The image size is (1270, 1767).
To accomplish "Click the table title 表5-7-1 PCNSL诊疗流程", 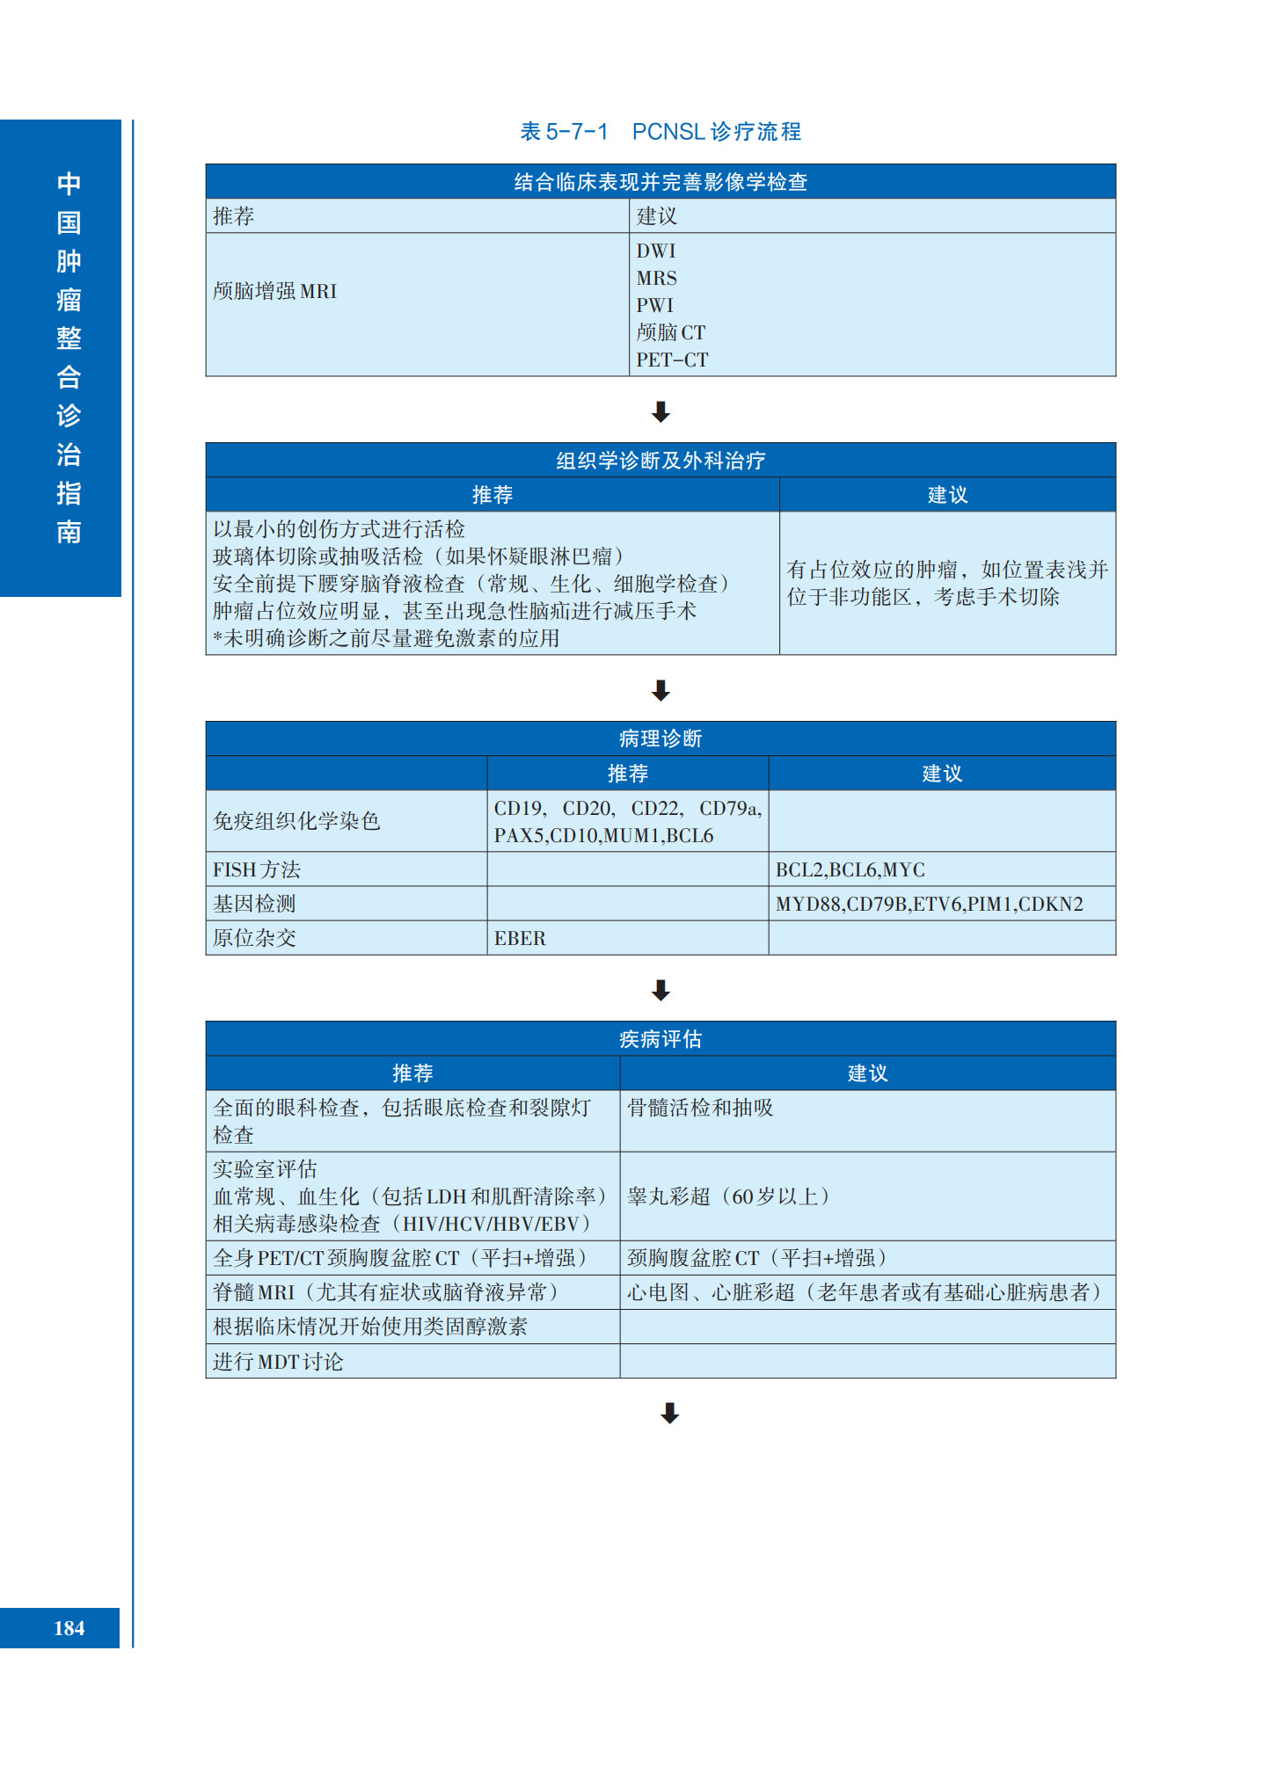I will point(661,132).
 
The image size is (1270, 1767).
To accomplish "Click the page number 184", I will point(69,1628).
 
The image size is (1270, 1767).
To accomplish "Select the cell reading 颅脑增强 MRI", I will point(275,291).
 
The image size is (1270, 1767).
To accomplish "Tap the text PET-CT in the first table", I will point(672,360).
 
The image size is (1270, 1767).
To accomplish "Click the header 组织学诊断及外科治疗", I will point(661,460).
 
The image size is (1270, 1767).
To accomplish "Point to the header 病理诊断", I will point(661,738).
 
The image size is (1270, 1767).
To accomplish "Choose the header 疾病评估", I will point(661,1039).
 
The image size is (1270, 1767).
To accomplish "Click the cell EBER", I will point(520,938).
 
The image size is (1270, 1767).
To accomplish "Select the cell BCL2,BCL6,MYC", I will point(850,869).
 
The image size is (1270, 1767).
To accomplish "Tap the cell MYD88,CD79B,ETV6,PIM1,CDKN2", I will point(929,904).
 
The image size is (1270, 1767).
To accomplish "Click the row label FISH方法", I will point(257,869).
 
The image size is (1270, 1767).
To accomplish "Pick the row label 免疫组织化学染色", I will point(296,821).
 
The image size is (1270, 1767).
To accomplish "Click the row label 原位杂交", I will point(255,938).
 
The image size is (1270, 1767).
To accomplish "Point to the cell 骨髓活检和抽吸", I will point(700,1108).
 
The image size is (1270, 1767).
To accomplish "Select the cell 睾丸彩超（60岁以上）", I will point(727,1196).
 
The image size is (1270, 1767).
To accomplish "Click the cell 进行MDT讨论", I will point(278,1362).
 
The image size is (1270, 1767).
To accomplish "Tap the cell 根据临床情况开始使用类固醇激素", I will point(370,1327).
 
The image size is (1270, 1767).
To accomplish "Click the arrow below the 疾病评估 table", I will point(669,1413).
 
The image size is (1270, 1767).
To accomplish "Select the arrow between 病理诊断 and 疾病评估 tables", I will point(661,990).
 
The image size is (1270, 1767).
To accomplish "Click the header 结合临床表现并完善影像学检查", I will point(661,182).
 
